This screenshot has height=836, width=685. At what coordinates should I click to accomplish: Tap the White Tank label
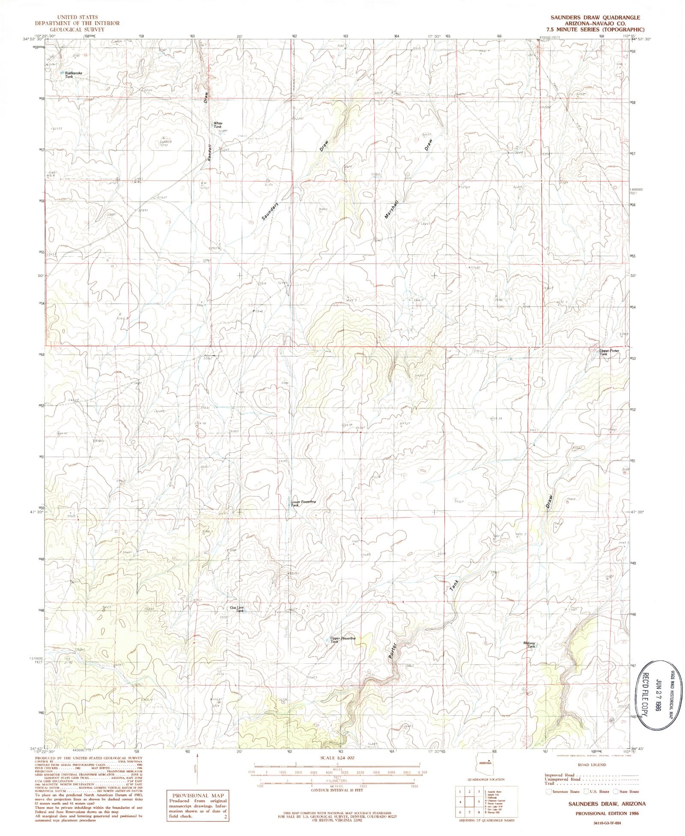click(218, 125)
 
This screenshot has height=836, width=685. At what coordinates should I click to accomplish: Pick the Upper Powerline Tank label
click(342, 640)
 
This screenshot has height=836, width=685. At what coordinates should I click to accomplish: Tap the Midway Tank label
click(529, 645)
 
